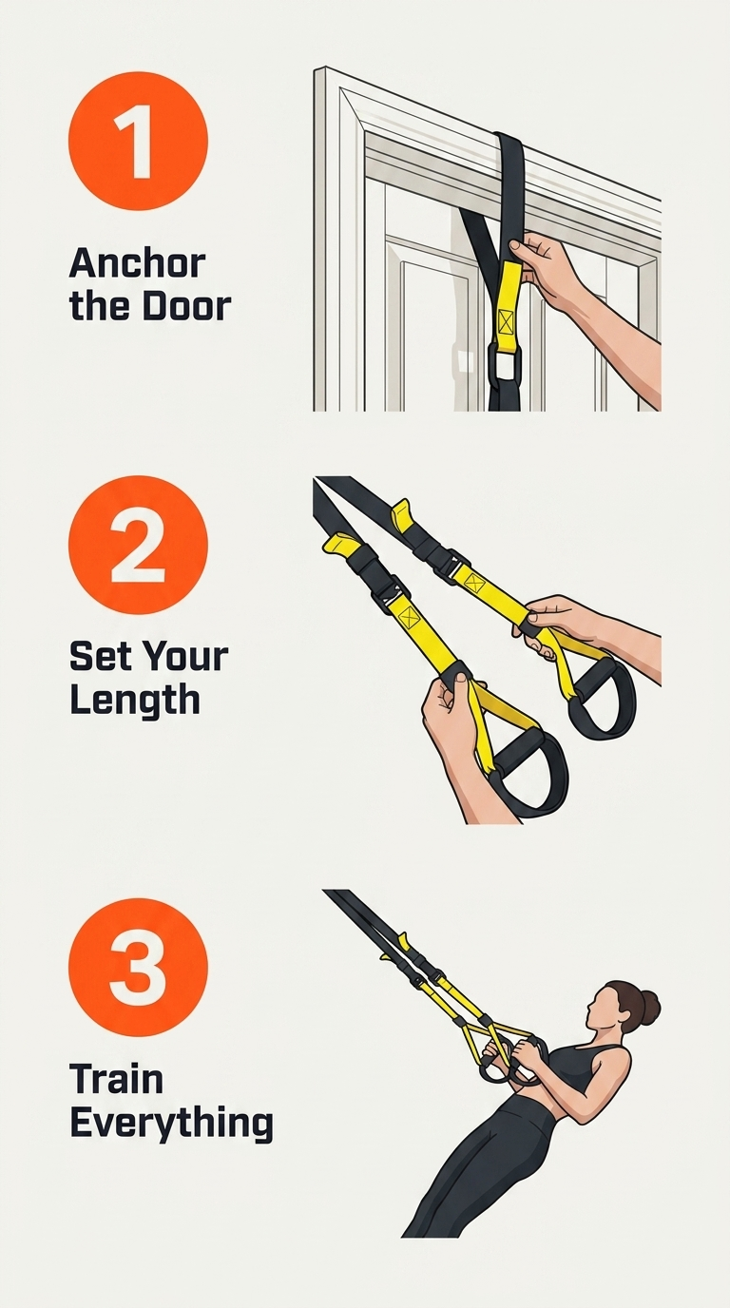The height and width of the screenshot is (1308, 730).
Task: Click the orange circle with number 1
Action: point(138,141)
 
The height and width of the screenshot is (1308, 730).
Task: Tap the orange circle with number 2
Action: point(138,546)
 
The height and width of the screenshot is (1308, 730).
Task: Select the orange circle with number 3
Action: point(138,968)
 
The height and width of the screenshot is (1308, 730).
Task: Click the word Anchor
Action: point(137,263)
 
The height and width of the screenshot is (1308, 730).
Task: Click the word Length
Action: point(135,701)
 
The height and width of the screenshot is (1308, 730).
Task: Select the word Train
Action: point(116,1079)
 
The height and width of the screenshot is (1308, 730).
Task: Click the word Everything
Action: point(171,1123)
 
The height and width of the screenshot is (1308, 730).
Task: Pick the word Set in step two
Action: point(101,656)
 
